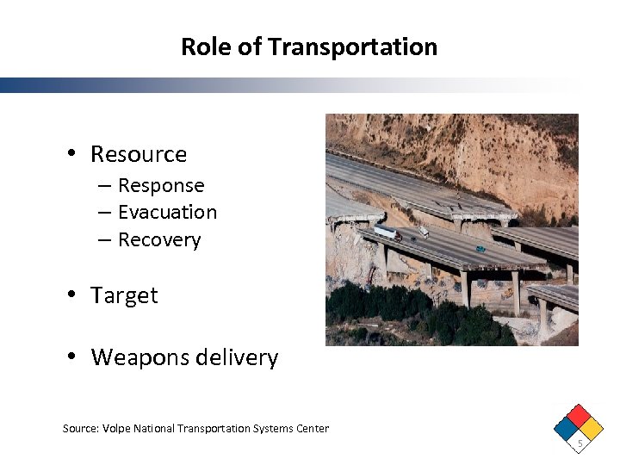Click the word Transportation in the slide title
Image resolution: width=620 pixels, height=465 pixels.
pos(353,46)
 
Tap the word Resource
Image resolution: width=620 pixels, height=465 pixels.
pos(139,154)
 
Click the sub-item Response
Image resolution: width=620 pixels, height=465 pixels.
pos(161,185)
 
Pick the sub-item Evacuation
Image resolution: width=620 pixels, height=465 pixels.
pos(167,212)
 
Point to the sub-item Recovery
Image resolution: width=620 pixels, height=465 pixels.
pos(159,239)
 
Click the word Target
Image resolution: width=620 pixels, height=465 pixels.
pos(124,295)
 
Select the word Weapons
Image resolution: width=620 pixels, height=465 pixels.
pos(133,357)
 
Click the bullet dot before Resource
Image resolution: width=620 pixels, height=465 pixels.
pos(73,154)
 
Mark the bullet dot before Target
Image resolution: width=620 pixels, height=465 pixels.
pos(73,295)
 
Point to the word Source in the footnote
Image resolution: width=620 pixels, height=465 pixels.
pos(80,428)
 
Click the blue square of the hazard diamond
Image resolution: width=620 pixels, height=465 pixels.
pos(567,428)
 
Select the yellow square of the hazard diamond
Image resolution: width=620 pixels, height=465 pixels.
pos(592,428)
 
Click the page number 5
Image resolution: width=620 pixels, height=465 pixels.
pos(580,443)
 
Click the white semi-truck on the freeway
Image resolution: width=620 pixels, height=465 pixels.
pos(387,232)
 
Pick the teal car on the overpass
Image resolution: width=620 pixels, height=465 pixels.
pos(480,248)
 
